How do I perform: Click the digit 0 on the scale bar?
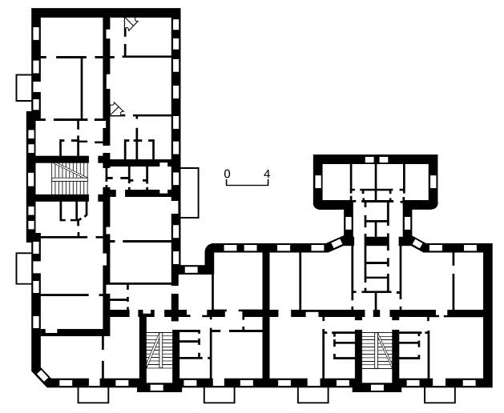228,174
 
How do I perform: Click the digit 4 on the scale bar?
267,174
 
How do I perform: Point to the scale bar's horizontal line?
247,185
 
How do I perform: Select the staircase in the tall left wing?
70,178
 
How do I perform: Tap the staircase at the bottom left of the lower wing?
159,350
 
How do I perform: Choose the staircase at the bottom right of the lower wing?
377,351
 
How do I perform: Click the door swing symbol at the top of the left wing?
131,24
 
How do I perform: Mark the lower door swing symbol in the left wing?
117,109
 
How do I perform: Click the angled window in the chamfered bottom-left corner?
42,375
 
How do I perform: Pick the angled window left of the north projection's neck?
337,243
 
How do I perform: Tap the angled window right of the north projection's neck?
417,243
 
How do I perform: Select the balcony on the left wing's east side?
189,193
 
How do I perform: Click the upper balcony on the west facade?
24,88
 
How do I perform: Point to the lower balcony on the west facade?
24,268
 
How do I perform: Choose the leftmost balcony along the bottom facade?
93,395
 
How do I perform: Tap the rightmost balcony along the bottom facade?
440,395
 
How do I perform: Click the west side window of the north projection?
318,181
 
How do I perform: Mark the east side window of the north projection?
433,181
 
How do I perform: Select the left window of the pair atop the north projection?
369,159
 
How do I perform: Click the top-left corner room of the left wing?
71,37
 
